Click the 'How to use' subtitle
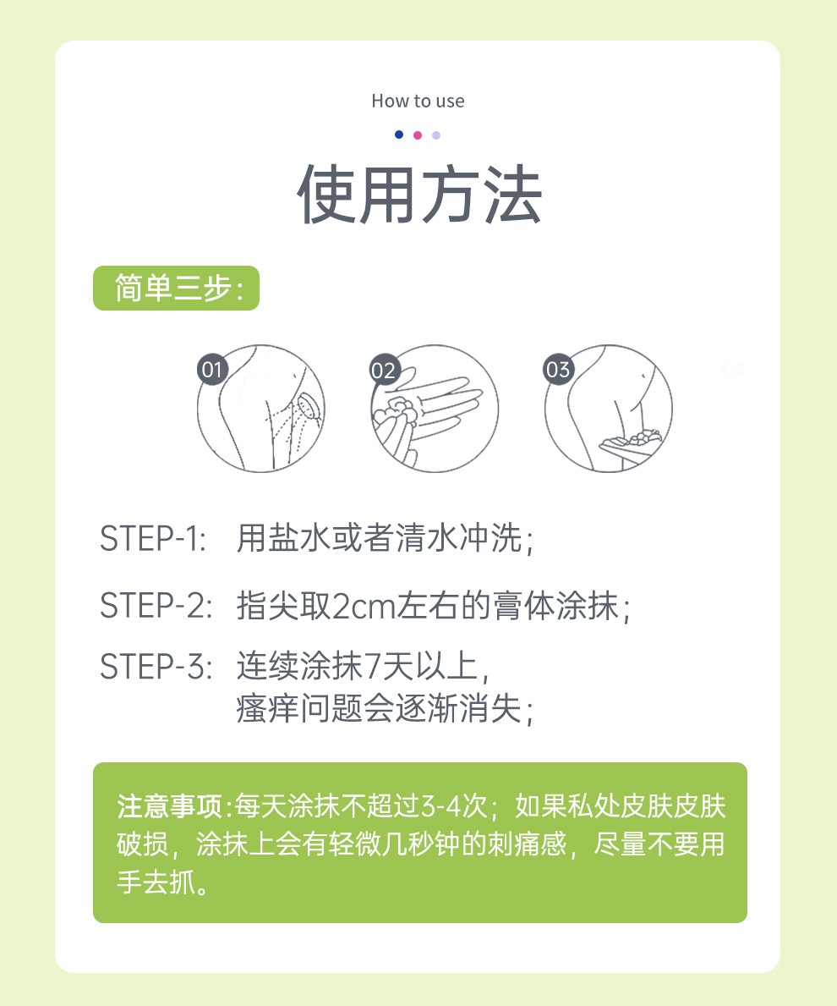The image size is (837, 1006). [418, 102]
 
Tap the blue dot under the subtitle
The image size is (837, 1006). [399, 135]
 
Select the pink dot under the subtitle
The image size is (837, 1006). [418, 135]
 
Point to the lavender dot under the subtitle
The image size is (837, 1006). [436, 135]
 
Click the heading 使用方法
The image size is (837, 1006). [418, 196]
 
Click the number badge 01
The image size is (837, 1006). [211, 370]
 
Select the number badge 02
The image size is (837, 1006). [383, 370]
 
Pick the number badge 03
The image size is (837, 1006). [558, 370]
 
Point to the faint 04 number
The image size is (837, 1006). [733, 370]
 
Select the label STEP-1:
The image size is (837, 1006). [153, 540]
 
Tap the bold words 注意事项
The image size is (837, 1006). [172, 805]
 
